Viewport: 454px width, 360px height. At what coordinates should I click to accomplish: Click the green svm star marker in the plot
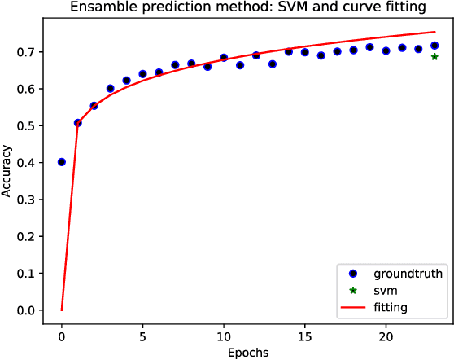pos(434,57)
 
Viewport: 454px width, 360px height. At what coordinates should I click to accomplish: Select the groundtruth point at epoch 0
pos(62,162)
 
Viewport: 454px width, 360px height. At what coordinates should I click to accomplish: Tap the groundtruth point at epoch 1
pos(78,123)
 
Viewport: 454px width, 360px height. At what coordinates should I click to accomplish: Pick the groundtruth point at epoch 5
pos(142,74)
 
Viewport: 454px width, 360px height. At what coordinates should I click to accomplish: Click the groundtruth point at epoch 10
pos(224,58)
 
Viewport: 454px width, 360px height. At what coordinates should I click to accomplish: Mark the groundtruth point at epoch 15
pos(305,52)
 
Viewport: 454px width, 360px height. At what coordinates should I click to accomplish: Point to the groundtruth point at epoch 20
pos(386,50)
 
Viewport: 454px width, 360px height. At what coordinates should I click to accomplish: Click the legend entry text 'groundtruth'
pos(408,274)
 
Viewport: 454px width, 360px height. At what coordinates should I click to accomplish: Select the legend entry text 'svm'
pos(385,291)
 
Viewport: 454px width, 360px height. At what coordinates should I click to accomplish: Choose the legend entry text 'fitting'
pos(391,307)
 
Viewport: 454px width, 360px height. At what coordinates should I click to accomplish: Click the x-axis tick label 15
pos(305,336)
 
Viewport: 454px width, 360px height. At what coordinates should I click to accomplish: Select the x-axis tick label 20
pos(386,336)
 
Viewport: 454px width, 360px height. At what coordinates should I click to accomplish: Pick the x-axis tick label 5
pos(142,336)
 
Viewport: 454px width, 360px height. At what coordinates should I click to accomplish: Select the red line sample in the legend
pos(353,307)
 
